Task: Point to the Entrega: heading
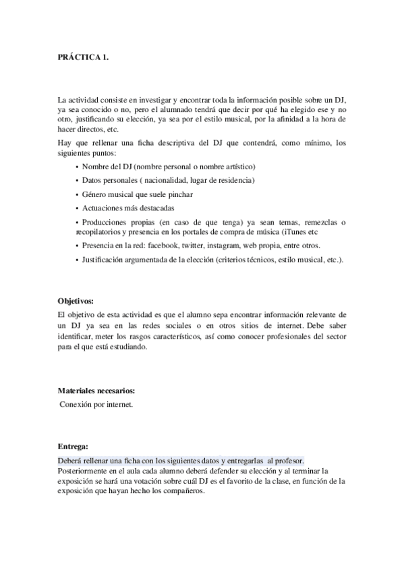coord(72,446)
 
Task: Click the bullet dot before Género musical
coord(78,194)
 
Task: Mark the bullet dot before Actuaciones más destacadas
coord(78,208)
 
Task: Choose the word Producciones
coord(106,222)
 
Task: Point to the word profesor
coord(289,459)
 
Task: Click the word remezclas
coord(316,222)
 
